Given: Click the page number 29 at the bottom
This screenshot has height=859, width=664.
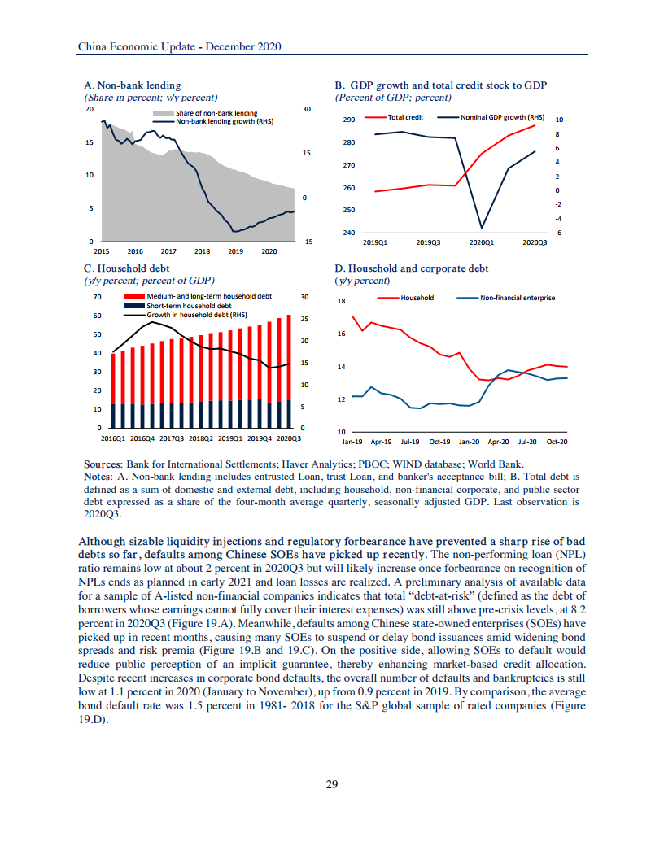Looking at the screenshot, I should click(x=331, y=784).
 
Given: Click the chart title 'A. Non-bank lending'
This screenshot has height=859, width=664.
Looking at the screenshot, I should click(x=133, y=85).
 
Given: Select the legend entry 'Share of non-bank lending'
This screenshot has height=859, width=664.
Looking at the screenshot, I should click(x=216, y=113).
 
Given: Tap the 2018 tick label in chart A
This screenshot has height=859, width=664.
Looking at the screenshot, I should click(x=203, y=251).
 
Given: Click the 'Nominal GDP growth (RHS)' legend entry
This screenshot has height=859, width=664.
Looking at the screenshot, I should click(x=503, y=117).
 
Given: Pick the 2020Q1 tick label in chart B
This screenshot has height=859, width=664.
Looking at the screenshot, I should click(x=482, y=242).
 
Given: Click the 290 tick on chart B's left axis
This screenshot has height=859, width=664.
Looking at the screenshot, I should click(x=350, y=120).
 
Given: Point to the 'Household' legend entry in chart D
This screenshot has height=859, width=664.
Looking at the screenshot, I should click(x=417, y=298).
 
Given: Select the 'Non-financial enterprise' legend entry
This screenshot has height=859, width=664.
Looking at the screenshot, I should click(x=517, y=298).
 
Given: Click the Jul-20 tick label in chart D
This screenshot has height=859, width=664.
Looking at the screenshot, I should click(x=527, y=442).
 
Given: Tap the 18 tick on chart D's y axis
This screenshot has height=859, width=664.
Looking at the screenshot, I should click(x=342, y=301).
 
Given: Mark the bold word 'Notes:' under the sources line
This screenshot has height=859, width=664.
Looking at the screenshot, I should click(x=98, y=475).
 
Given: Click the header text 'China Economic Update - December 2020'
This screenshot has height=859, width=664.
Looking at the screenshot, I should click(x=179, y=47).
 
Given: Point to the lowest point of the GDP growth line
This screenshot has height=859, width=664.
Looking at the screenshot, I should click(x=482, y=228).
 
